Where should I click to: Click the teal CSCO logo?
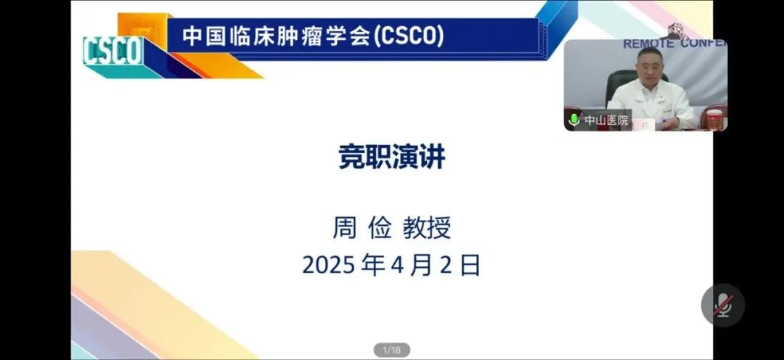click(113, 51)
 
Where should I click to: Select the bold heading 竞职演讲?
click(391, 157)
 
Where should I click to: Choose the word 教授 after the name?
click(427, 228)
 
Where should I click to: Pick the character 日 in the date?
click(470, 266)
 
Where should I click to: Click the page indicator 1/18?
click(391, 350)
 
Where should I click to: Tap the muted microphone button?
click(723, 305)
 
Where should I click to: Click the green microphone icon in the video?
click(574, 120)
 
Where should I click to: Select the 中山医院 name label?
click(606, 120)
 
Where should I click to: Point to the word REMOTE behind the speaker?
click(649, 44)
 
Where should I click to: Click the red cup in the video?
click(715, 119)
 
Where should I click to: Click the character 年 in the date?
click(375, 266)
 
